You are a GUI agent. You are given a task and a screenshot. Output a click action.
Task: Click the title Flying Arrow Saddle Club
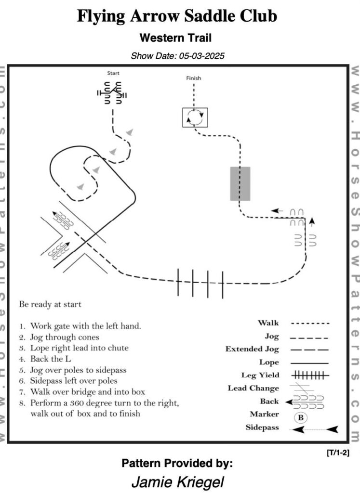(177, 16)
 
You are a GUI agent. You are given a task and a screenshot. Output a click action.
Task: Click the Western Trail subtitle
(175, 37)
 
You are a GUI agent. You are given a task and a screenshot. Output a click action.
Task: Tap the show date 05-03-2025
(177, 56)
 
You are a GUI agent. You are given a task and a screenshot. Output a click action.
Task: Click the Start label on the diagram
(113, 74)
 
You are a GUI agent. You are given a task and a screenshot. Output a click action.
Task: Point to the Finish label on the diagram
(194, 78)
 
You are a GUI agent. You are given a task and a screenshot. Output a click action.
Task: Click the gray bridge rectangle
(240, 183)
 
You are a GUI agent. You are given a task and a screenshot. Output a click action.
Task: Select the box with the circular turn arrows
(195, 117)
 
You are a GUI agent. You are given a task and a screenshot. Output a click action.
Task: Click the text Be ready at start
(50, 305)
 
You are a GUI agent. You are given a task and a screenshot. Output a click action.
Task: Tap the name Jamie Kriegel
(177, 482)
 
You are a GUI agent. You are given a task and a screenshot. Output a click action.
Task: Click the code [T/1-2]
(338, 453)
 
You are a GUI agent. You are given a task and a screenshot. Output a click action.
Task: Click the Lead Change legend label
(253, 388)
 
